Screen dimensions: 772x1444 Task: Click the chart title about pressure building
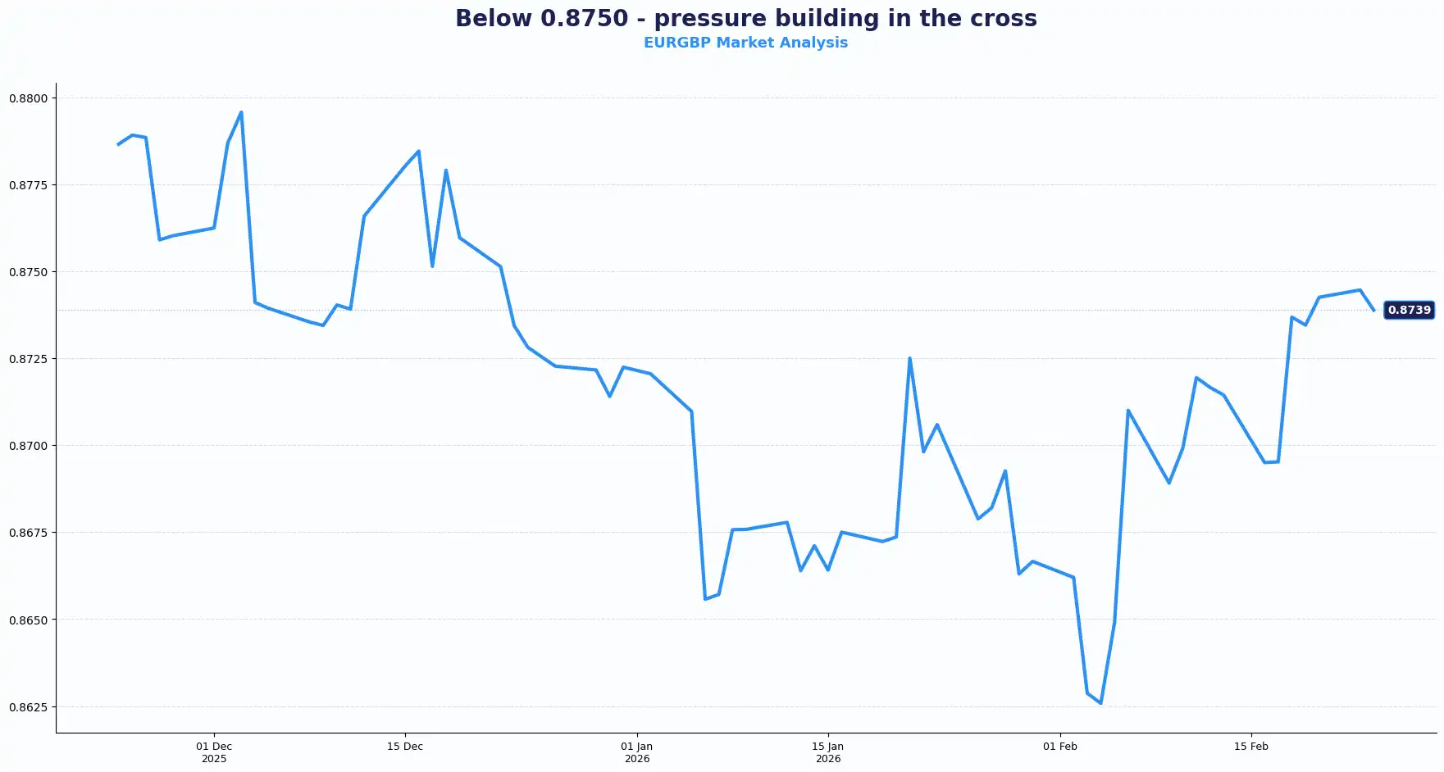coord(745,19)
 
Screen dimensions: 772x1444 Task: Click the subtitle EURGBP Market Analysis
coord(745,43)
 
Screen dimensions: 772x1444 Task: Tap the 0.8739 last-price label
coord(1409,310)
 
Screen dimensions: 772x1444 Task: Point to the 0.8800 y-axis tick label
coord(29,98)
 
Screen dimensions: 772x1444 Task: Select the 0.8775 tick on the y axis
coord(29,185)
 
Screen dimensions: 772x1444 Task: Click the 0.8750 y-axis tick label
coord(29,272)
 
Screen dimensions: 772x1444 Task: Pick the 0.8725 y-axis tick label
coord(29,359)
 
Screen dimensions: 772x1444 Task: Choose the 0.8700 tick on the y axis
coord(29,446)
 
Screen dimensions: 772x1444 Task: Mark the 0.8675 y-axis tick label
coord(29,533)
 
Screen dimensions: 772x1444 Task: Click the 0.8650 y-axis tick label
coord(29,620)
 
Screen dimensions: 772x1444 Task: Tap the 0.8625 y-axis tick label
coord(29,707)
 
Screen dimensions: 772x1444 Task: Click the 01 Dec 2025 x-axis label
coord(214,752)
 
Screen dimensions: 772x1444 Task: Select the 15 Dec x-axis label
coord(405,747)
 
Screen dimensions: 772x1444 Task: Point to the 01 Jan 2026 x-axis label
coord(637,752)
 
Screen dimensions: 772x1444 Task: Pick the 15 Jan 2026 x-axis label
coord(828,752)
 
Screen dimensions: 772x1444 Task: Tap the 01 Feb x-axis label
coord(1060,747)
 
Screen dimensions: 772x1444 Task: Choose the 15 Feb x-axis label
coord(1251,747)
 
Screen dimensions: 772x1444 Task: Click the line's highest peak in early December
coord(241,112)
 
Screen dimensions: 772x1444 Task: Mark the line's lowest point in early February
coord(1100,703)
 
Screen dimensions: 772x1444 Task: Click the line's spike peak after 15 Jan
coord(909,358)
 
